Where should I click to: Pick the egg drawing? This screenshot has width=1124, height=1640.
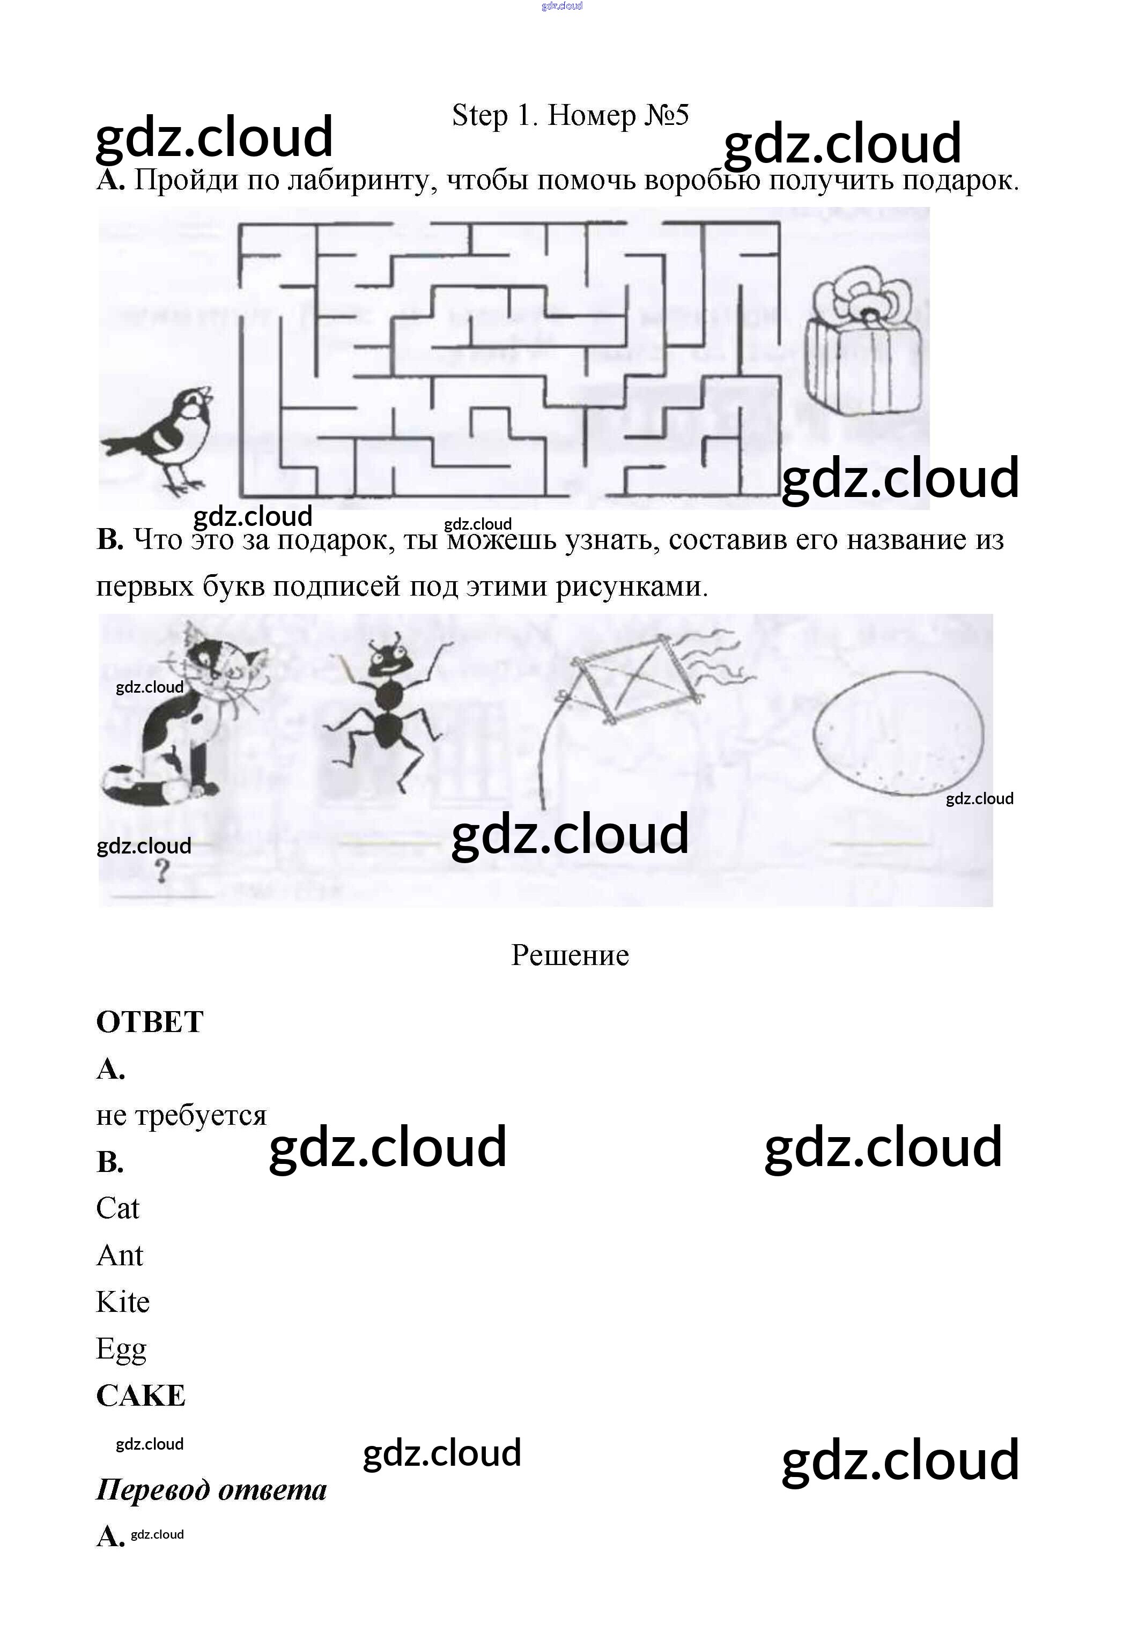(x=898, y=739)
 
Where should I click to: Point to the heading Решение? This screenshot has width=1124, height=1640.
(x=570, y=955)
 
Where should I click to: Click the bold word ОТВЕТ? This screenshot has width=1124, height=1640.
(x=150, y=1022)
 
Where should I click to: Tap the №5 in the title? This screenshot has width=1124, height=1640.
(x=667, y=115)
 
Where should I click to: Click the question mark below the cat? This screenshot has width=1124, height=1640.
(x=162, y=873)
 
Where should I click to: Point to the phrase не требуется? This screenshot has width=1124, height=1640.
(x=181, y=1116)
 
